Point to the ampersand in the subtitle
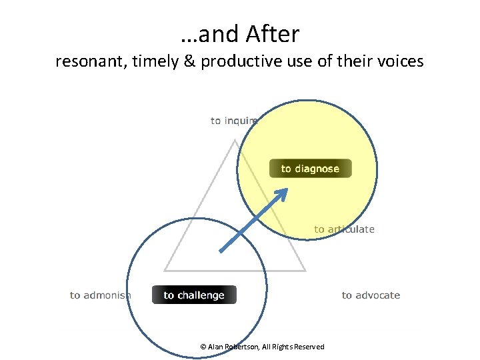(x=189, y=62)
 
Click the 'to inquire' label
(x=234, y=121)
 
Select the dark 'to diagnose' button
(x=310, y=169)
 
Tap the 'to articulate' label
(x=344, y=229)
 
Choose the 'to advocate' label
(x=371, y=295)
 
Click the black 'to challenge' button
(x=194, y=295)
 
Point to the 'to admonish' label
(x=101, y=295)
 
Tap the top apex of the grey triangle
(x=235, y=140)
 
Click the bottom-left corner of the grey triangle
(x=165, y=271)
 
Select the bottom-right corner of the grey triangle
(x=305, y=271)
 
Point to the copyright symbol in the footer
(x=203, y=347)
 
